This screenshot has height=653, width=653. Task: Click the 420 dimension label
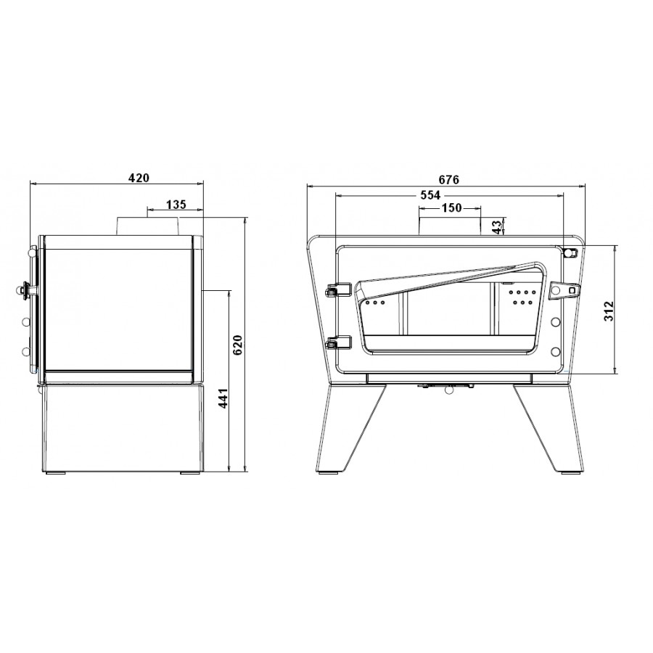pyautogui.click(x=139, y=178)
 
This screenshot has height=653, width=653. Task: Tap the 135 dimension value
pyautogui.click(x=176, y=205)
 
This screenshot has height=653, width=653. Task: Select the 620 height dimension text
pyautogui.click(x=238, y=345)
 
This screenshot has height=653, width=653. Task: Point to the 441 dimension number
pyautogui.click(x=223, y=398)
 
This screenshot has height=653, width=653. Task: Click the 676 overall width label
pyautogui.click(x=449, y=179)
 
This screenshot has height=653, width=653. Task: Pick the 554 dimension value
pyautogui.click(x=430, y=195)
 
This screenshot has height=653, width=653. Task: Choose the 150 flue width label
pyautogui.click(x=452, y=208)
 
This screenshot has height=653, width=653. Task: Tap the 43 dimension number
pyautogui.click(x=497, y=227)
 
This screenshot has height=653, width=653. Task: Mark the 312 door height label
pyautogui.click(x=609, y=311)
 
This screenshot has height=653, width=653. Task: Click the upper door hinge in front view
pyautogui.click(x=337, y=289)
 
